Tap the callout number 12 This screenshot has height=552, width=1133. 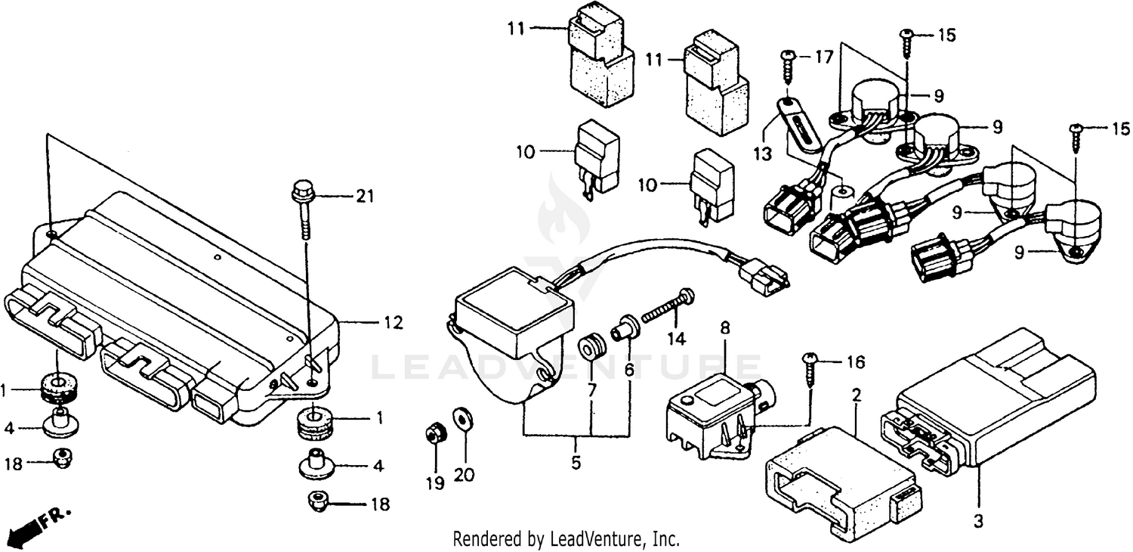coord(392,323)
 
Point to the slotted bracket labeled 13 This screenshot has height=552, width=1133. coord(800,126)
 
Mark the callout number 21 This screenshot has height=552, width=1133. coord(365,197)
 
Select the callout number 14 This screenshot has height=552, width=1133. coord(676,340)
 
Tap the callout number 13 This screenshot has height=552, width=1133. coord(762,154)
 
